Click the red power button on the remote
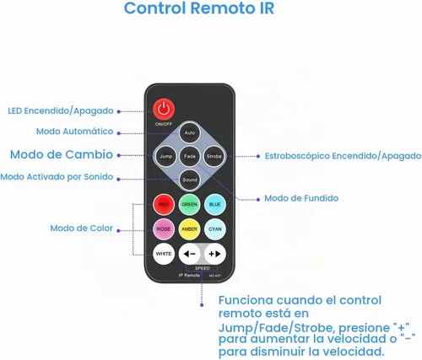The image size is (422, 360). click(164, 109)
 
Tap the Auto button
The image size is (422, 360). click(190, 132)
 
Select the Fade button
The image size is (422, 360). click(190, 156)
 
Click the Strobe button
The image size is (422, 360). click(214, 156)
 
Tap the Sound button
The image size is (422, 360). click(190, 180)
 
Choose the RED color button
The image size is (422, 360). click(164, 204)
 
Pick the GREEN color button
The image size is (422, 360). click(189, 204)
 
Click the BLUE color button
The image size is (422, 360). click(215, 204)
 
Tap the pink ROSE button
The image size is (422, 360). click(164, 229)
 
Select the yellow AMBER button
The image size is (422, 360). click(189, 229)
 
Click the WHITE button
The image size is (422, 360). click(164, 254)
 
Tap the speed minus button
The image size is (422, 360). click(189, 254)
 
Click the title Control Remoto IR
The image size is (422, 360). click(199, 8)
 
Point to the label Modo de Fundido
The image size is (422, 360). click(301, 198)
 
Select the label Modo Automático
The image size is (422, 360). click(74, 131)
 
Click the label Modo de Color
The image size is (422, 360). click(81, 228)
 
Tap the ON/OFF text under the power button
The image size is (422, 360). click(164, 124)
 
